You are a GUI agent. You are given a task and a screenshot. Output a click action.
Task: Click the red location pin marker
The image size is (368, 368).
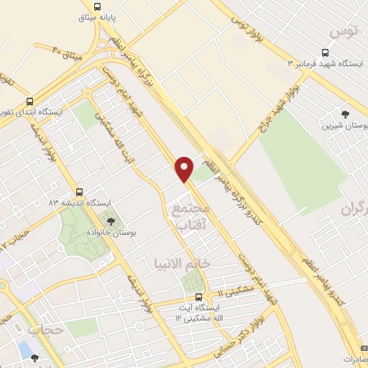tap(185, 169)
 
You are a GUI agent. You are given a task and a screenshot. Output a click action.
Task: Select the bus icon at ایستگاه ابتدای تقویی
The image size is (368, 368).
tap(29, 102)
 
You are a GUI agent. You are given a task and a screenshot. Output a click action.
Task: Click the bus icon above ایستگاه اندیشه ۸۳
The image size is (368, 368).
tap(78, 192)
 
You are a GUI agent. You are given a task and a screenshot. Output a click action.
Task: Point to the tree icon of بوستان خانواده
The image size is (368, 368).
tap(111, 221)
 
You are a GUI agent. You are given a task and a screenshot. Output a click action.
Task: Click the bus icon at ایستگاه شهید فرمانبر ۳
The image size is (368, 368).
tap(326, 52)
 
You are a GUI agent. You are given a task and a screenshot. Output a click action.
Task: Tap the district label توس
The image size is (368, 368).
tap(341, 31)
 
